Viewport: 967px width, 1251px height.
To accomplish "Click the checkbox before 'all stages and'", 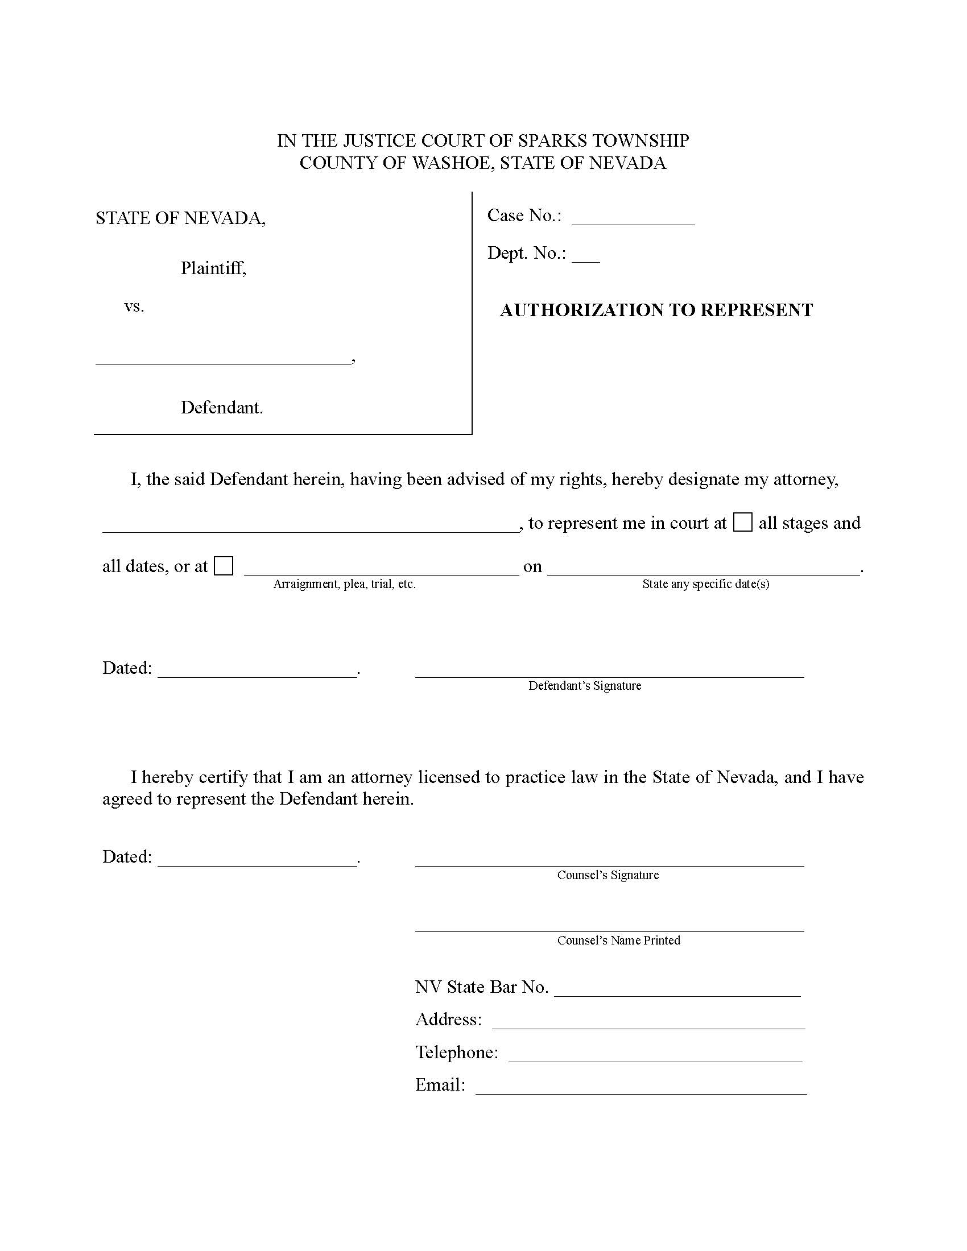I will click(742, 523).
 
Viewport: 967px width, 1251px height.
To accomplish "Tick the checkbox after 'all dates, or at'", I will click(224, 566).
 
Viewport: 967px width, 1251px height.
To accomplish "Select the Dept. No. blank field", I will click(585, 257).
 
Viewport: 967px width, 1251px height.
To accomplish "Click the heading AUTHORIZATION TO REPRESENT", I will click(656, 310).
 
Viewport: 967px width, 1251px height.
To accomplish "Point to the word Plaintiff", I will click(213, 268).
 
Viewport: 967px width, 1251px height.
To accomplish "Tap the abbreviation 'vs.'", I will click(134, 306).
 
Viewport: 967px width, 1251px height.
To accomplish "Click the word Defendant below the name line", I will click(222, 407).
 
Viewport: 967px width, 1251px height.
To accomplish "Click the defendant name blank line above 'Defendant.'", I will click(223, 359).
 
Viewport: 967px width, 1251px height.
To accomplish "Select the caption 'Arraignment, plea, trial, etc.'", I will click(344, 584).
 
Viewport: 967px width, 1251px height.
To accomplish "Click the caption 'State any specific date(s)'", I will click(705, 584).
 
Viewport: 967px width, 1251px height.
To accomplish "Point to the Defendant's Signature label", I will click(584, 686).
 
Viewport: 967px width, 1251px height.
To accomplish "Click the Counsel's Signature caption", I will click(608, 875).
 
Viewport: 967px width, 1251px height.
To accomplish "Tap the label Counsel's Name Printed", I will click(619, 941).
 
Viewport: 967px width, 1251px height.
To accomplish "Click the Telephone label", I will click(457, 1052).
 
